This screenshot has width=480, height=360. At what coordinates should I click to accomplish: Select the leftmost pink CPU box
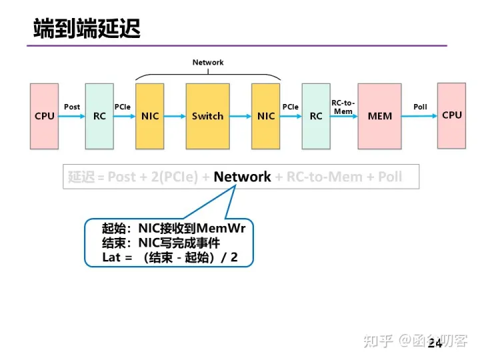45,116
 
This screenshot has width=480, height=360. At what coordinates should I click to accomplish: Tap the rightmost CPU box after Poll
451,115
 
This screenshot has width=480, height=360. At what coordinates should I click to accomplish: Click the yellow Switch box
207,116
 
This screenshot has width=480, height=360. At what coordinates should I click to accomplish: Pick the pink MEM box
380,116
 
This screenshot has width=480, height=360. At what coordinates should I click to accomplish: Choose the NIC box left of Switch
150,116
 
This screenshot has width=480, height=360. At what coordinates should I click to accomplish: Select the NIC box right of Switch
266,116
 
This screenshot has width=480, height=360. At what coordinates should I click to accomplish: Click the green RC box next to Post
99,116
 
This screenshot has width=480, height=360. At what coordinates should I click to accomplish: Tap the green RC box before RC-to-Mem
316,116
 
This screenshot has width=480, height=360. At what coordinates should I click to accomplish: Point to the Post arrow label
72,107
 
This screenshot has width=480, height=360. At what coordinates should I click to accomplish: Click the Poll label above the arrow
420,107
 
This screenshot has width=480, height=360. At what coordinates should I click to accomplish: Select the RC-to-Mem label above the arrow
343,107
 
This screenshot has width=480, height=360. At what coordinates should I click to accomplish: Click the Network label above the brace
208,63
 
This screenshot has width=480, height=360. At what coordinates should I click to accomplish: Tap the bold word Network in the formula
242,177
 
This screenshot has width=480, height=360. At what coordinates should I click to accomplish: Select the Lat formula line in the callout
169,257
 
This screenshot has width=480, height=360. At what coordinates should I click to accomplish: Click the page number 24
435,343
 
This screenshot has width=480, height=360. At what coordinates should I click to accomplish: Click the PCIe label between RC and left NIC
123,107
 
